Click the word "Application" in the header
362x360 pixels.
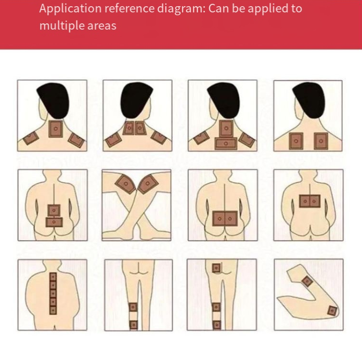click(70, 9)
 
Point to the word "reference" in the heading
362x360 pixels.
click(129, 9)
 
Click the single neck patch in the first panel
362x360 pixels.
click(55, 129)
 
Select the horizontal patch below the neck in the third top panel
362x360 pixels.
click(226, 143)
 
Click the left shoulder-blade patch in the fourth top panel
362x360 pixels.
click(296, 141)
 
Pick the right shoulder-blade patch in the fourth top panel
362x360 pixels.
click(321, 141)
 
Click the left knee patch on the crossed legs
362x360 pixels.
click(125, 184)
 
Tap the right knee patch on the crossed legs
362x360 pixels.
click(148, 183)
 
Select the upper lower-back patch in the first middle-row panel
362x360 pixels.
click(54, 210)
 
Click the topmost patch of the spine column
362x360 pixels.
click(53, 277)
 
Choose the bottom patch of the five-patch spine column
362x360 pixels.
click(53, 310)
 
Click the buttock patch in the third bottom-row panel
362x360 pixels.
click(216, 268)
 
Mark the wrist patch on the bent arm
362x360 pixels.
click(307, 281)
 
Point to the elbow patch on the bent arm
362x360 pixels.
click(332, 311)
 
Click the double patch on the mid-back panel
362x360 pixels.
click(309, 201)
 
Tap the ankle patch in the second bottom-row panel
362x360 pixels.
click(133, 325)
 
